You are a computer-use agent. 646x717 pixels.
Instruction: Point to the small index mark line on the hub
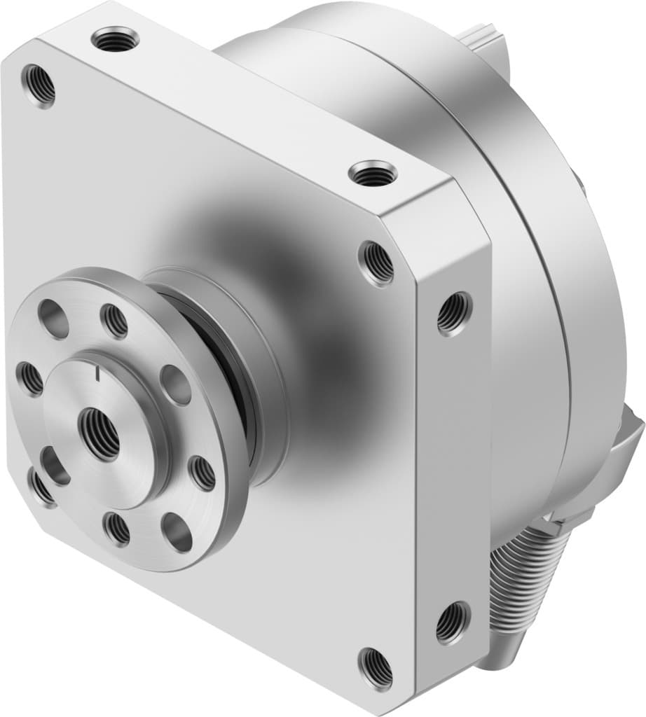pos(99,377)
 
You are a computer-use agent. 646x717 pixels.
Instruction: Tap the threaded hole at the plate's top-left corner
pos(39,85)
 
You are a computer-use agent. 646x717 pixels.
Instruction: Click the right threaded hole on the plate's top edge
pos(372,173)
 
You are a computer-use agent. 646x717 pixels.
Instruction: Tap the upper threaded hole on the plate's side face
pos(454,314)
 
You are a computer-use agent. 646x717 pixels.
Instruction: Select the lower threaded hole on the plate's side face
pos(451,622)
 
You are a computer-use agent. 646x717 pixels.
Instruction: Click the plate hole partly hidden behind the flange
pos(42,487)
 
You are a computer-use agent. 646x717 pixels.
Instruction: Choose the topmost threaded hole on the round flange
pos(114,321)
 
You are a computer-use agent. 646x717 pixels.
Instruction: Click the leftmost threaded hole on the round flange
pos(30,378)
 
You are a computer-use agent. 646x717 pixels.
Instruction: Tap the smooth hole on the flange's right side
pos(175,385)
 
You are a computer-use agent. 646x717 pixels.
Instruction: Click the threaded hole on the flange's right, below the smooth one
pos(203,473)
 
